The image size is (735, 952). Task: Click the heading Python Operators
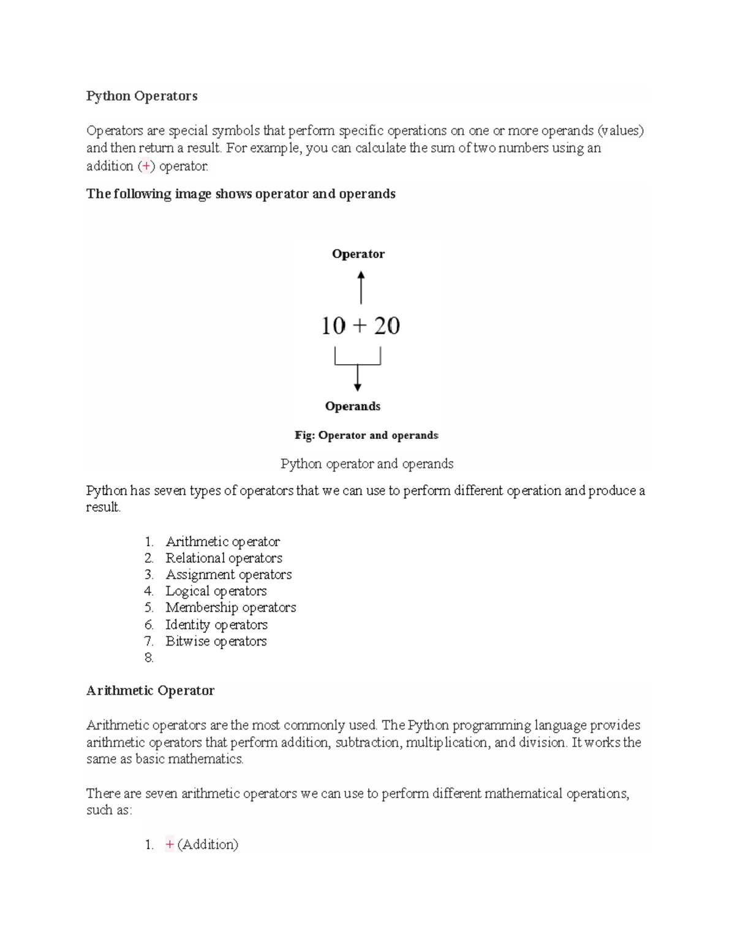(x=141, y=96)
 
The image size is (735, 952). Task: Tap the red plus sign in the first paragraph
(x=146, y=166)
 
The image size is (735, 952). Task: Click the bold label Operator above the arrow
(x=358, y=254)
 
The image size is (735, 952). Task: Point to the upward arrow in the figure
(x=361, y=288)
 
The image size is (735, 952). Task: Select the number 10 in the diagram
(x=333, y=326)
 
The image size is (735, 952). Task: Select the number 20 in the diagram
(x=386, y=326)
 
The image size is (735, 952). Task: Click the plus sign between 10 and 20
(x=360, y=326)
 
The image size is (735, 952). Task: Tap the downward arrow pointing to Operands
(x=357, y=377)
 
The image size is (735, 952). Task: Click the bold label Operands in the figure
(x=352, y=406)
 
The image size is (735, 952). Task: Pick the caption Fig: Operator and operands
(x=366, y=435)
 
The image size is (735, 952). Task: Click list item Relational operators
(x=224, y=558)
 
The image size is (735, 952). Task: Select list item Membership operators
(x=230, y=607)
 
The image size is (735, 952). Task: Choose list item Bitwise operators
(x=216, y=641)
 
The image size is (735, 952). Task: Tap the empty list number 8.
(x=149, y=658)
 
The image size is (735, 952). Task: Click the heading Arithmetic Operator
(x=150, y=691)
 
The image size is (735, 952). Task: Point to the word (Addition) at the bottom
(x=208, y=845)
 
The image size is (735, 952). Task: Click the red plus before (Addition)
(x=170, y=845)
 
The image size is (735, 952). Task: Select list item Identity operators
(x=216, y=625)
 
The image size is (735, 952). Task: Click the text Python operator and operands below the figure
(x=366, y=463)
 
